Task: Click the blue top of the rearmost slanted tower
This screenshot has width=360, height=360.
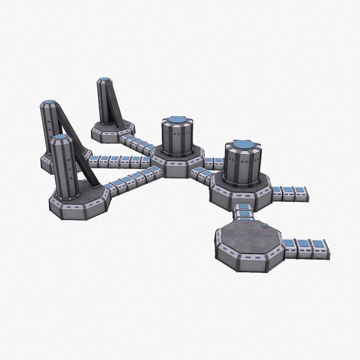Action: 104,80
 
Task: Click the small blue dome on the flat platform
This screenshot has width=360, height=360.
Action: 265,226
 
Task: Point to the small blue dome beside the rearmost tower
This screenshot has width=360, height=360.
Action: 129,124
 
